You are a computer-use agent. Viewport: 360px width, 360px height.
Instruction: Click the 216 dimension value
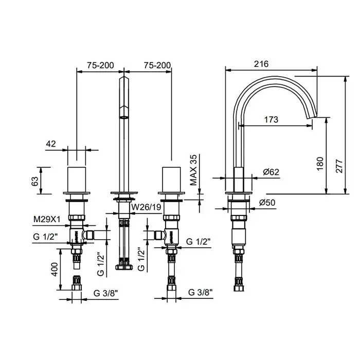[x=261, y=64]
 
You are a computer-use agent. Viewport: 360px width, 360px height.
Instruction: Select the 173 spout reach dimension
[x=271, y=120]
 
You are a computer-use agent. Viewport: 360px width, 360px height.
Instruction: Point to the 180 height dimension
[x=320, y=164]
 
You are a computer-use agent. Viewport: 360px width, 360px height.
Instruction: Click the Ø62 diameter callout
[x=271, y=172]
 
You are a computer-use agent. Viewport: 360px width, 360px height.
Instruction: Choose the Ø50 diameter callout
[x=267, y=203]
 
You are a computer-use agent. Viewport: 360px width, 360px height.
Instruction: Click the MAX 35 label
[x=193, y=170]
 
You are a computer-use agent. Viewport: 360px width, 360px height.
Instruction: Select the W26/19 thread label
[x=146, y=207]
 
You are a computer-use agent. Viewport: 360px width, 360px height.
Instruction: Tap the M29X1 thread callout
[x=47, y=220]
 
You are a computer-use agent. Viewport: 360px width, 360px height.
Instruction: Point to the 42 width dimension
[x=51, y=144]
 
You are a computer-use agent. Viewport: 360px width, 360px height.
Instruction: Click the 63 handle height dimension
[x=34, y=181]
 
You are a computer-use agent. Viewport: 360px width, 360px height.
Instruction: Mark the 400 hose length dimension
[x=55, y=269]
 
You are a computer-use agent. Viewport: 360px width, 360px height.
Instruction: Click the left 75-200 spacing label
[x=100, y=65]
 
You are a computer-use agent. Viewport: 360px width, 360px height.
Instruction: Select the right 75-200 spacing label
[x=157, y=65]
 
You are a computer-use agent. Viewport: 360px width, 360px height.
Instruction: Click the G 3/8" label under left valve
[x=105, y=293]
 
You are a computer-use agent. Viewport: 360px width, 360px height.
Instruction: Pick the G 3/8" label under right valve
[x=201, y=292]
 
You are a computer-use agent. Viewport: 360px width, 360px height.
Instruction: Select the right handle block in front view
[x=171, y=179]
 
